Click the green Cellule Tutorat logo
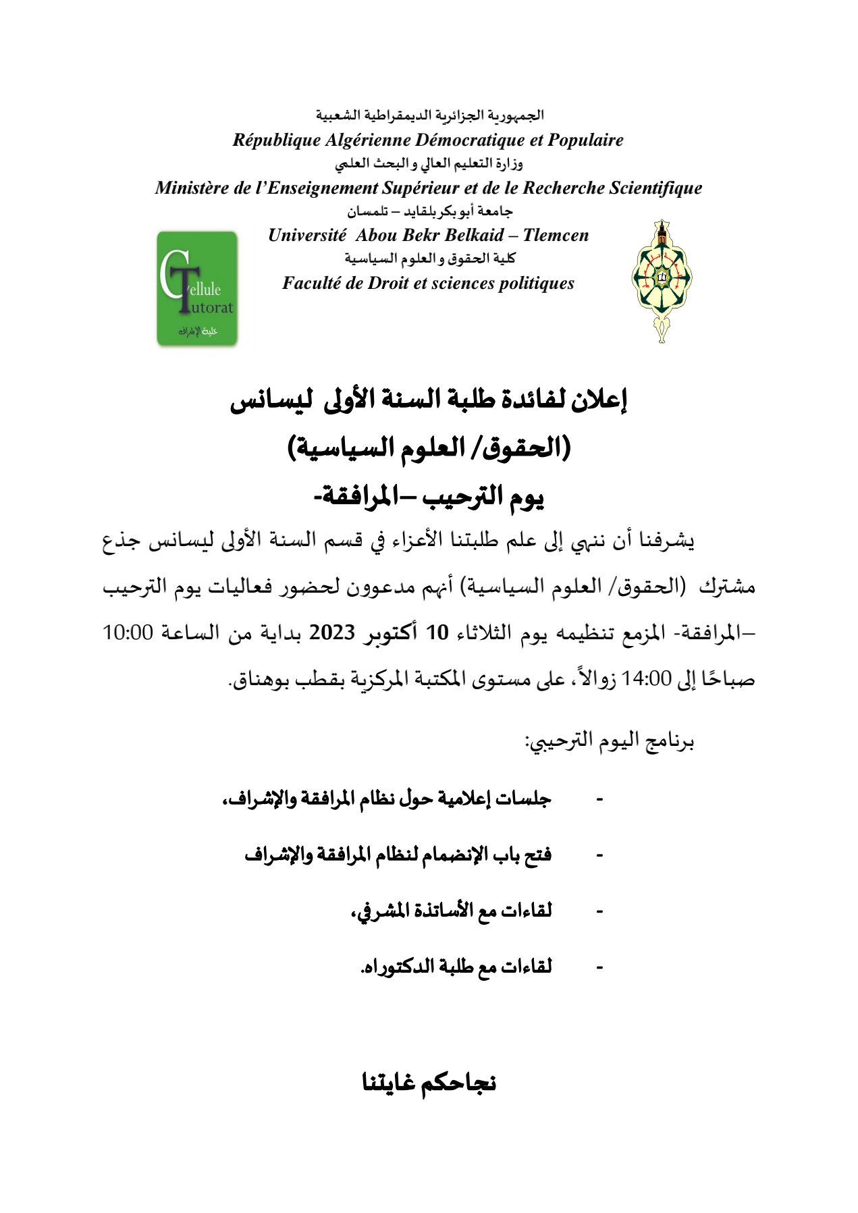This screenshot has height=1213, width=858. coord(197,288)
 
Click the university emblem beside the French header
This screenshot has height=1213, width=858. coord(662,281)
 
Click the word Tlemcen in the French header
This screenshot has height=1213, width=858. coord(556,236)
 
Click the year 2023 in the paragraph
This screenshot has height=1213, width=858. coord(332,633)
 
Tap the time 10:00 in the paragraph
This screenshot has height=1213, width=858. coord(128,633)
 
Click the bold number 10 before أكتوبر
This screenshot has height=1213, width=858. coord(437,633)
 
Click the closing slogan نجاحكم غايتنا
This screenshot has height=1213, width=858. coord(429,1083)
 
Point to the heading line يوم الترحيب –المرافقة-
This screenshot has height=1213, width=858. coord(429,497)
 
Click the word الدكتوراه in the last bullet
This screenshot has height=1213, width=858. coord(398,967)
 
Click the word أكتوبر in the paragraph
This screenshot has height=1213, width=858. coord(394,633)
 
